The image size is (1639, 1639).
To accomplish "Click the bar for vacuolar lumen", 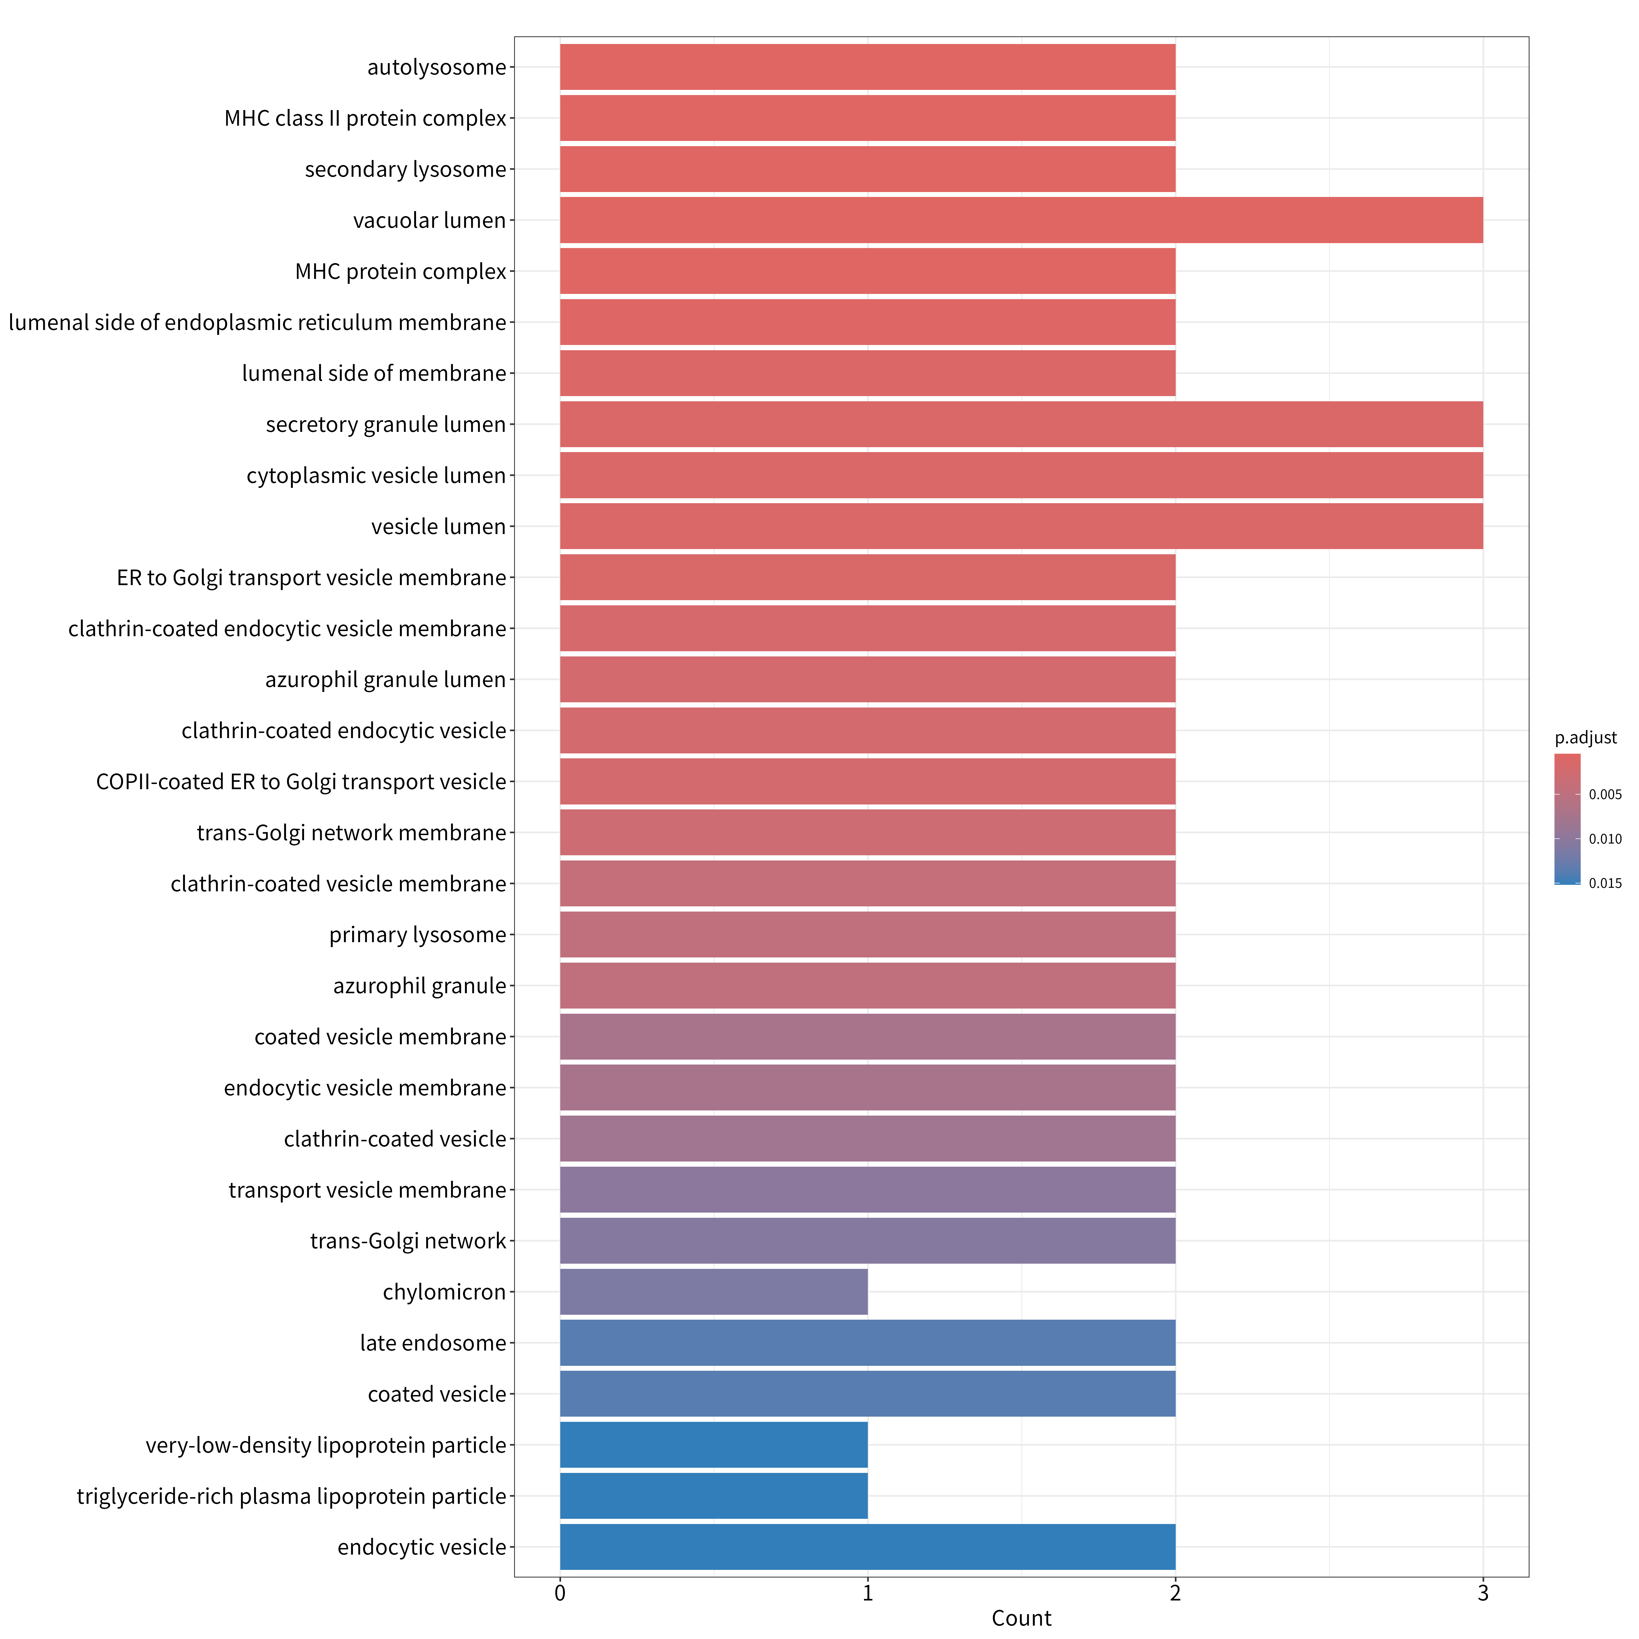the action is pyautogui.click(x=1021, y=220).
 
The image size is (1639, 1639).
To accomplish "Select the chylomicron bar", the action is pyautogui.click(x=714, y=1292).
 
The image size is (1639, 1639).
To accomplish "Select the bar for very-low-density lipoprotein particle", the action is pyautogui.click(x=714, y=1445).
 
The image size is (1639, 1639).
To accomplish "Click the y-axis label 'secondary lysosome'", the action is pyautogui.click(x=405, y=170).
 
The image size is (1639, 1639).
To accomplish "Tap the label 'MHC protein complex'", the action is pyautogui.click(x=400, y=272).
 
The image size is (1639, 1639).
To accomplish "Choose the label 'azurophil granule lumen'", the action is pyautogui.click(x=385, y=680).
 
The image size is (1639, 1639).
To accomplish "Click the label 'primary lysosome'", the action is pyautogui.click(x=417, y=935).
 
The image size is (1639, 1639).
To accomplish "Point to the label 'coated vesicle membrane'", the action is pyautogui.click(x=380, y=1037).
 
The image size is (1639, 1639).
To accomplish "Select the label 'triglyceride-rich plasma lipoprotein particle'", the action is pyautogui.click(x=291, y=1496).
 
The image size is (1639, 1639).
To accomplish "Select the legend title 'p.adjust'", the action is pyautogui.click(x=1585, y=738).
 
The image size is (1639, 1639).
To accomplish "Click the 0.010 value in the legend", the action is pyautogui.click(x=1605, y=839).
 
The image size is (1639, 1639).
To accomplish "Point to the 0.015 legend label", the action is pyautogui.click(x=1605, y=883).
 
